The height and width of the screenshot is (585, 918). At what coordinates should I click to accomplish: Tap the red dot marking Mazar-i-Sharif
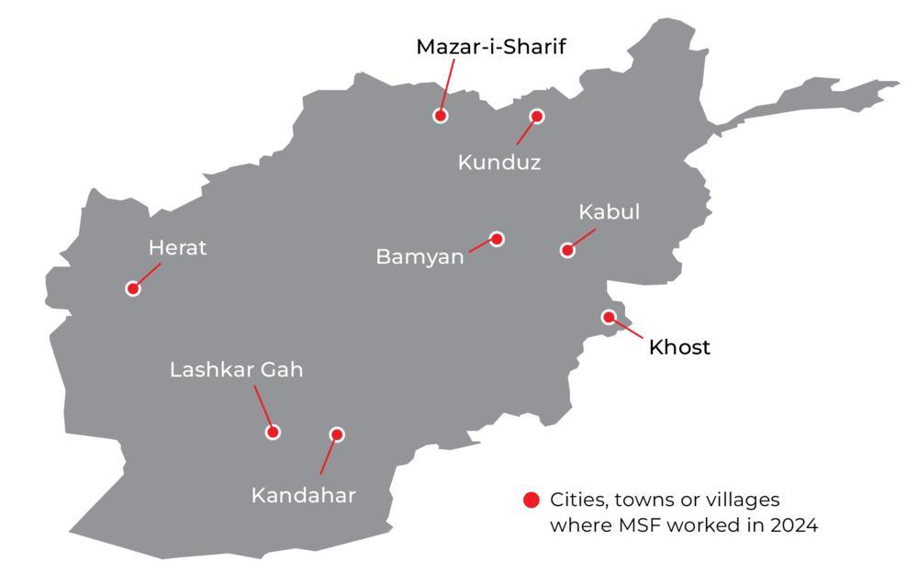click(x=441, y=116)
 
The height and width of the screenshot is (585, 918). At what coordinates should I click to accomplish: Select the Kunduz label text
click(x=499, y=163)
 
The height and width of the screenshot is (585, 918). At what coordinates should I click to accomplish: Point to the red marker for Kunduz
click(x=537, y=117)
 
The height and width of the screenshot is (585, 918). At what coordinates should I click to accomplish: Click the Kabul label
click(x=609, y=212)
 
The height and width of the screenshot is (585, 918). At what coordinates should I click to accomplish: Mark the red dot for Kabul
click(x=567, y=250)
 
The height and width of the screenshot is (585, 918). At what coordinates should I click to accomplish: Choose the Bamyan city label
click(x=420, y=256)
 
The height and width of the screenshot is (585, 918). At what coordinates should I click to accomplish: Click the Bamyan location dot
click(x=497, y=239)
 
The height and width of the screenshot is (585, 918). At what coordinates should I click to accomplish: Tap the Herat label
click(x=177, y=248)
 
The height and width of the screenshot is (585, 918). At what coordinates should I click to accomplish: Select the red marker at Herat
click(x=133, y=288)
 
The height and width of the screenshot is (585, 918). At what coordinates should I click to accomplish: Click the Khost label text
click(x=679, y=347)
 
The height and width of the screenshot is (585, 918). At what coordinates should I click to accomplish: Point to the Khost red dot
click(x=609, y=317)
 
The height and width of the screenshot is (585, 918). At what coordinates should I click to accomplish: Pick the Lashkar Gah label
click(x=236, y=370)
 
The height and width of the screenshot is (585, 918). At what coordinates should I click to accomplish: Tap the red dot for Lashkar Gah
click(x=273, y=432)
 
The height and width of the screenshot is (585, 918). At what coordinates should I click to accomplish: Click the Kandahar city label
click(x=303, y=496)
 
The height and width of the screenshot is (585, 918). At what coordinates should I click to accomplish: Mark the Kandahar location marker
click(x=337, y=434)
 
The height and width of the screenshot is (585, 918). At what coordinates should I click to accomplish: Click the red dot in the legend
click(x=531, y=501)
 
